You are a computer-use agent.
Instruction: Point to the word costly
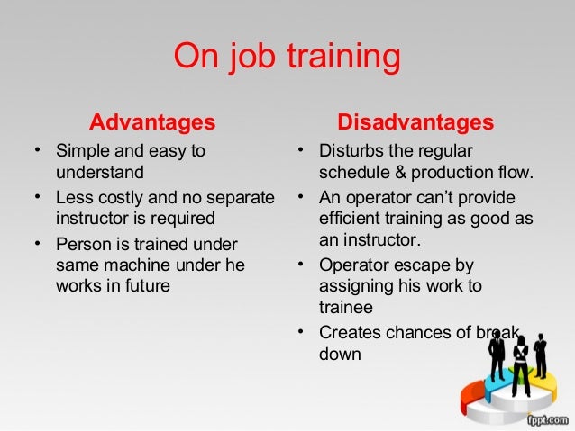tap(117, 197)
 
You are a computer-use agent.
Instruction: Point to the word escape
tap(410, 265)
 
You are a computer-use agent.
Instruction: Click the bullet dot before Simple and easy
tap(36, 150)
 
